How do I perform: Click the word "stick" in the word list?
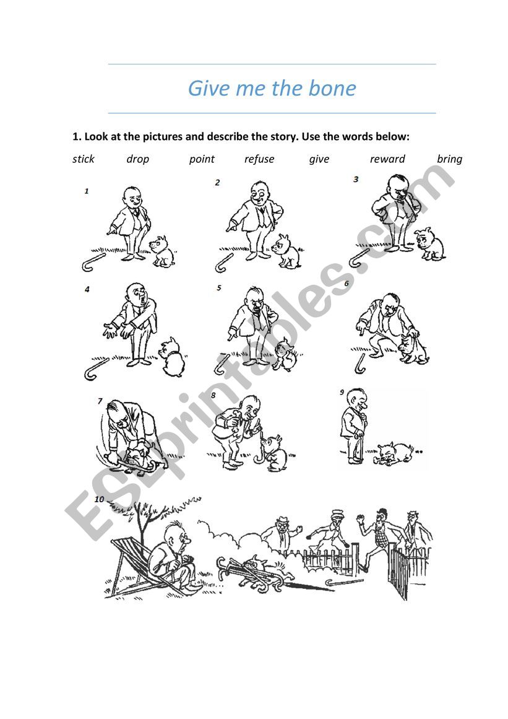click(x=83, y=159)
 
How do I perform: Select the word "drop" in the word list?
click(x=137, y=159)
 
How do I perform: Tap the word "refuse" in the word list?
click(x=259, y=159)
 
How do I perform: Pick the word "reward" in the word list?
click(x=387, y=159)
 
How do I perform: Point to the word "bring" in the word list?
click(x=449, y=159)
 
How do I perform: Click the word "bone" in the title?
click(x=332, y=88)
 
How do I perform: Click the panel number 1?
click(x=86, y=191)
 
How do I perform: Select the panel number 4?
click(x=87, y=289)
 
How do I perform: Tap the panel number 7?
click(x=100, y=401)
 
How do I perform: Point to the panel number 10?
click(x=99, y=499)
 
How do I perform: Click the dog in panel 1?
click(x=162, y=251)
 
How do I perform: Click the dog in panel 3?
click(x=429, y=245)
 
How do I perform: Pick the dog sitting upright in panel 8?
click(x=275, y=453)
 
